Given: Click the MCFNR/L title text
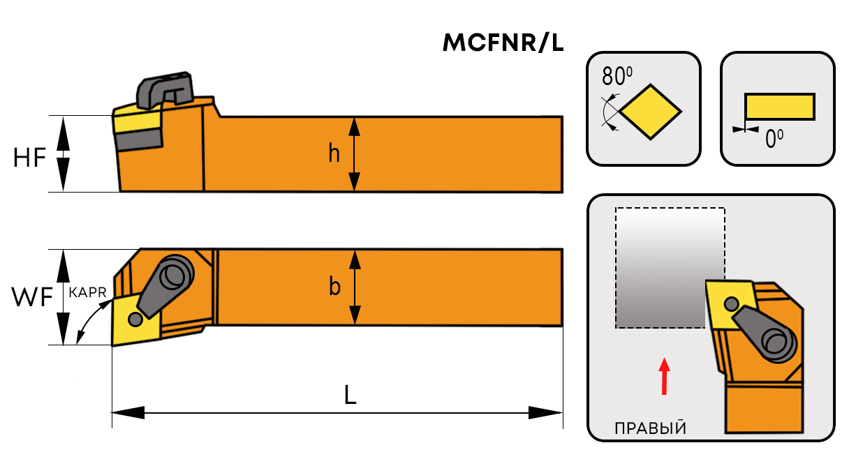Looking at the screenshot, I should point(503,43).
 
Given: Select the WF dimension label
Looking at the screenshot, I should point(32,298).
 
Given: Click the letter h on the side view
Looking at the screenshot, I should point(334,153).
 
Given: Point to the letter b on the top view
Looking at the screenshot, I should point(334,287).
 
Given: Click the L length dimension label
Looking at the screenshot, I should point(350,396).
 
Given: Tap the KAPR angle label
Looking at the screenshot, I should point(87,294).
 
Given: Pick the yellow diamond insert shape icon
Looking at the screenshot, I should point(650,112).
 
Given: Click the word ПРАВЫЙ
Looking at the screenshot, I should point(649,428).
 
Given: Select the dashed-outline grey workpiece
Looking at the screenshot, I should point(669,269).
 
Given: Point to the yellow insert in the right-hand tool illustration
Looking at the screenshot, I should point(728,303).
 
